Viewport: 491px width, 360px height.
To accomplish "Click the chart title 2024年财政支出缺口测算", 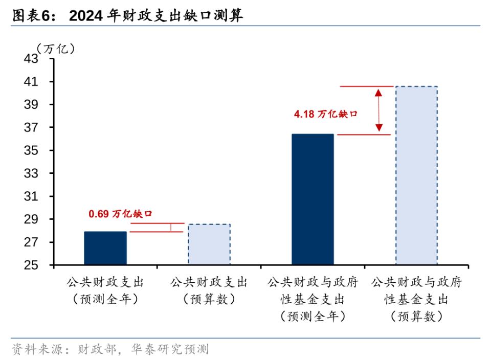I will point(156,16).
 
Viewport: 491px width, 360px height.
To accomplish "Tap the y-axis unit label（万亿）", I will point(56,49).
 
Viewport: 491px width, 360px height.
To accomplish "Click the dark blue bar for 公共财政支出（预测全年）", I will point(105,248).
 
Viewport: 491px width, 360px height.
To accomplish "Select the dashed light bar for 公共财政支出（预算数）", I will point(209,244).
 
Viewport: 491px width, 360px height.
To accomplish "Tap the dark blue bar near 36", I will point(313,199).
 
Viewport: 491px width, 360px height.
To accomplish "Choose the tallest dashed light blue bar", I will point(416,175).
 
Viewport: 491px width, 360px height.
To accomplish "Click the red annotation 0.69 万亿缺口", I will point(121,214).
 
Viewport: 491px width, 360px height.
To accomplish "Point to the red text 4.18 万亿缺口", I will point(325,115).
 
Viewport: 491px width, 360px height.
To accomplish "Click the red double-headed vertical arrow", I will point(378,110).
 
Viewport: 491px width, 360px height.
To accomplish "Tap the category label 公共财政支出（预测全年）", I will point(105,290).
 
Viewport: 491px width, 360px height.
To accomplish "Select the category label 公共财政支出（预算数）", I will point(209,290).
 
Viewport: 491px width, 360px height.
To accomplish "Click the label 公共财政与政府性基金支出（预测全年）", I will point(313,299).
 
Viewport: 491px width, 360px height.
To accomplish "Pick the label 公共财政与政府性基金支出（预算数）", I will point(416,299).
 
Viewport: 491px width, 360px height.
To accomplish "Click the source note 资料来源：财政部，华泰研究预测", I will point(110,350).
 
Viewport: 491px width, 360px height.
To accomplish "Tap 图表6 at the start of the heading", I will point(32,16).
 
